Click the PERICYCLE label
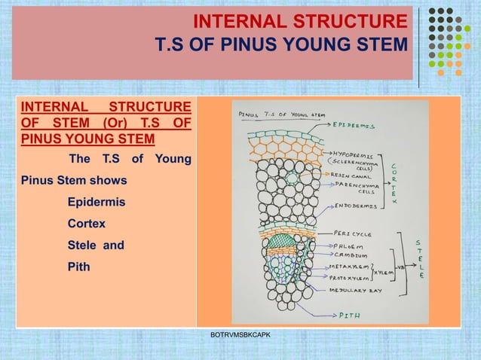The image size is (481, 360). [353, 233]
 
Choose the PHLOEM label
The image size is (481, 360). [348, 245]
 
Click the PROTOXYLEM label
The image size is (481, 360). [351, 277]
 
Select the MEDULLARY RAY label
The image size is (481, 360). [357, 290]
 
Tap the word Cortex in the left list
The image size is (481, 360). [87, 224]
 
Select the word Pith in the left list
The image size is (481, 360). [78, 266]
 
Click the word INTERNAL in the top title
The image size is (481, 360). [240, 20]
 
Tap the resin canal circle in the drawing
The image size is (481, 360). [292, 178]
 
